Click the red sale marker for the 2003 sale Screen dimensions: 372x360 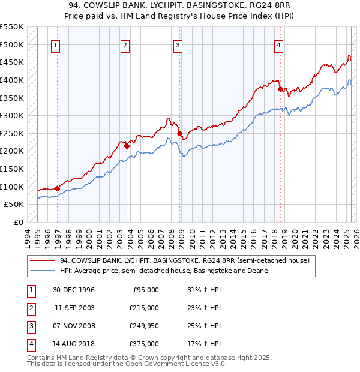click(x=127, y=145)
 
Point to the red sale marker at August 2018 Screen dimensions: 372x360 click(x=280, y=89)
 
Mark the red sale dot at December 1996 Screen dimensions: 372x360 click(x=58, y=188)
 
